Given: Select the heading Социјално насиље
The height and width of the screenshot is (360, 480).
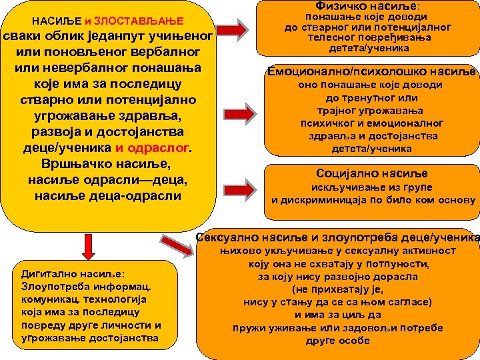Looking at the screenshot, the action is tap(372, 173).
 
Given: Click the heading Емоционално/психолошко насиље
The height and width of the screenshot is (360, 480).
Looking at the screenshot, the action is tap(371, 71).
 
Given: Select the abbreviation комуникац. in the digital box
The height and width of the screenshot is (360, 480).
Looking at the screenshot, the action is tap(47, 300).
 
